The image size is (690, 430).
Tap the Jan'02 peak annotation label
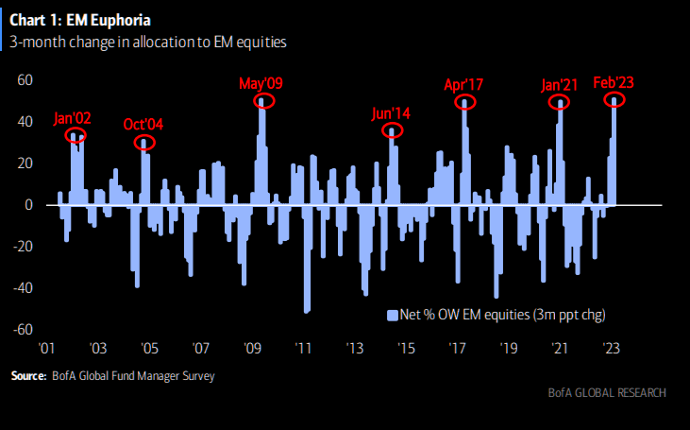pyautogui.click(x=74, y=120)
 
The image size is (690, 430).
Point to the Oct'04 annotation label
pyautogui.click(x=143, y=125)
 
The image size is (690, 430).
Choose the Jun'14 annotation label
pyautogui.click(x=392, y=113)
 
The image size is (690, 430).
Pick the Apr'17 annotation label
pyautogui.click(x=463, y=84)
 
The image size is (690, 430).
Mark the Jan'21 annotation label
pyautogui.click(x=560, y=84)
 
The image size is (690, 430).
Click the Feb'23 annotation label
pyautogui.click(x=613, y=82)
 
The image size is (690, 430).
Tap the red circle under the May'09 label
pyautogui.click(x=265, y=101)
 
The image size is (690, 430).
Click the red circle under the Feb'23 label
pyautogui.click(x=614, y=99)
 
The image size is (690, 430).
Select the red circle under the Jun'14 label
pyautogui.click(x=393, y=130)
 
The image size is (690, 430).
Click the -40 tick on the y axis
pyautogui.click(x=23, y=288)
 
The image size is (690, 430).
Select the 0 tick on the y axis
pyautogui.click(x=29, y=205)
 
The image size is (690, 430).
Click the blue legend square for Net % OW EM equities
pyautogui.click(x=391, y=313)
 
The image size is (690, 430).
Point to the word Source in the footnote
pyautogui.click(x=28, y=376)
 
